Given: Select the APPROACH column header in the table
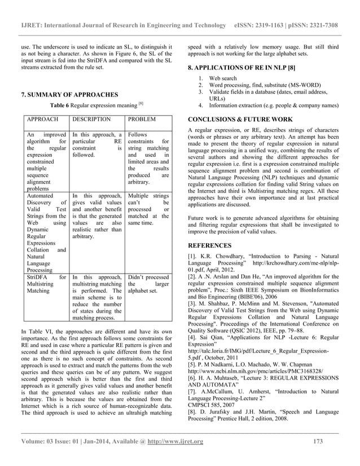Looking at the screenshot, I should click(39, 120).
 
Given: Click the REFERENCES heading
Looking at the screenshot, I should click(210, 246).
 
